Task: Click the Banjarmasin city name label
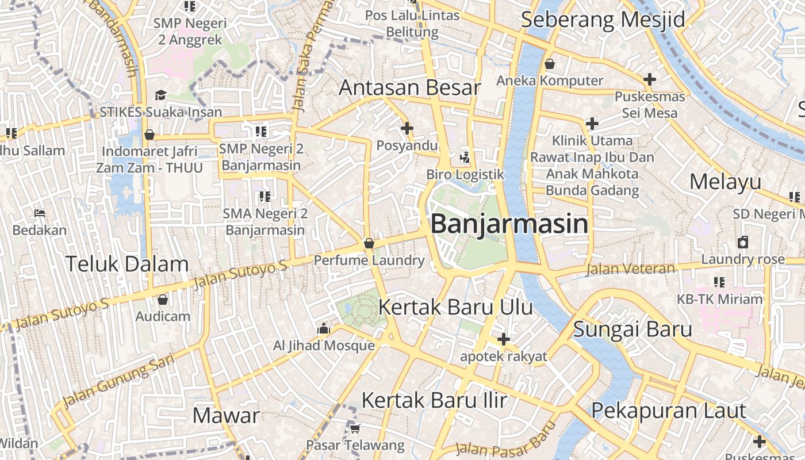click(509, 224)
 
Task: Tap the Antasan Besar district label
click(409, 88)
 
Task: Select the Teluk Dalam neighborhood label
click(127, 264)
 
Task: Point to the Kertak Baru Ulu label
click(455, 307)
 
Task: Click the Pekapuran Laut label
click(669, 411)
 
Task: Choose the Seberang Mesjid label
click(603, 20)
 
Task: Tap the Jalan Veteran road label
click(630, 269)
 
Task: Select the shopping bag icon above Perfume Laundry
click(369, 244)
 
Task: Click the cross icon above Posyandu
click(407, 128)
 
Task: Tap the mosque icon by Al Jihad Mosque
click(324, 329)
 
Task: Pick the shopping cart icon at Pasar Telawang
click(355, 428)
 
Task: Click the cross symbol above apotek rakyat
click(503, 339)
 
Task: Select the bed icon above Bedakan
click(40, 213)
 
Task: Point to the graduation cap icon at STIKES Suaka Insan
click(160, 95)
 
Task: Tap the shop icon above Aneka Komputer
click(550, 64)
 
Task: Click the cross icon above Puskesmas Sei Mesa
click(650, 79)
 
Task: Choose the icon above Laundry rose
click(743, 242)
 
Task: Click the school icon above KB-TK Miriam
click(719, 282)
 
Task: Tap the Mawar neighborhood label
click(226, 415)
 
